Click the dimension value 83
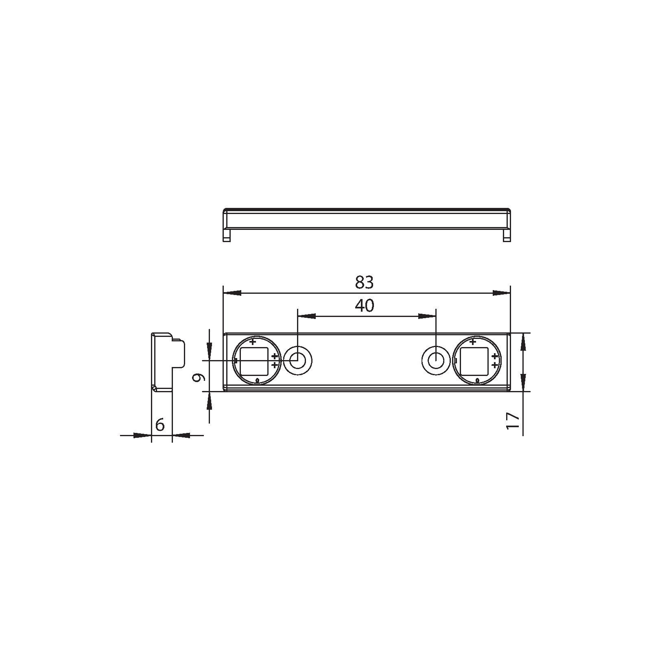tap(364, 282)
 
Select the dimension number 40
tap(364, 306)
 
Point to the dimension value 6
tap(160, 425)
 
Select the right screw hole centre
tap(436, 360)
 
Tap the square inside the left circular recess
tap(254, 361)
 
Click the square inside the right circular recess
tap(474, 361)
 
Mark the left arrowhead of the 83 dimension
tap(232, 293)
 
